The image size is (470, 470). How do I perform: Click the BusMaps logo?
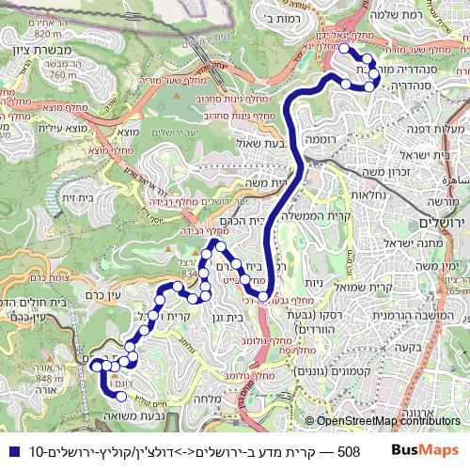(x=426, y=451)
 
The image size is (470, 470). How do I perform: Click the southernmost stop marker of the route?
(x=120, y=397)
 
